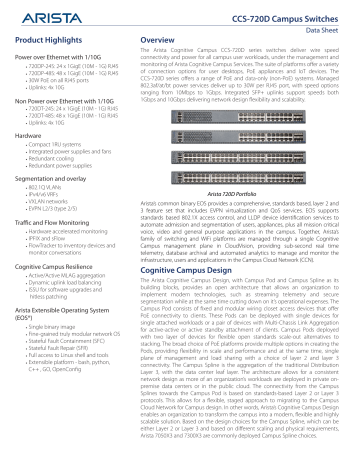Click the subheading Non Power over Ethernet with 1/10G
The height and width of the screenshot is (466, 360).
pyautogui.click(x=69, y=102)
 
